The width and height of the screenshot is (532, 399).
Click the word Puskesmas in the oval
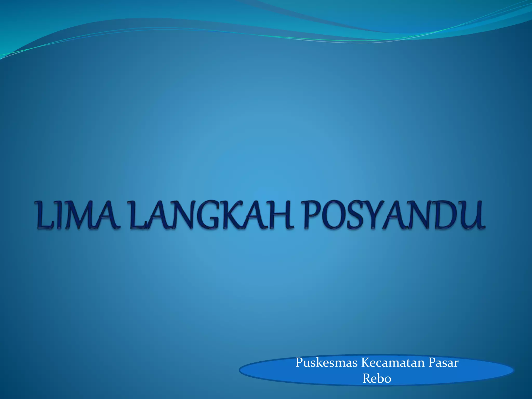click(327, 363)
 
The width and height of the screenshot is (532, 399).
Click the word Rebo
click(377, 378)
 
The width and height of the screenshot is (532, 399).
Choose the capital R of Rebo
click(367, 378)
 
